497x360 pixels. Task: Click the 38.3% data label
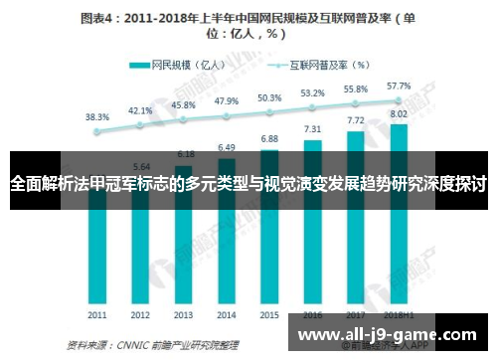[x=97, y=116]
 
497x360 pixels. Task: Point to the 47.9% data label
[x=227, y=101]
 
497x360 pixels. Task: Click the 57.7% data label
[x=399, y=86]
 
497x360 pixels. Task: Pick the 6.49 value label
[x=227, y=147]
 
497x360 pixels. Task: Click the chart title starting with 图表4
[x=248, y=25]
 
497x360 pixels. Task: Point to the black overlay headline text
[x=248, y=184]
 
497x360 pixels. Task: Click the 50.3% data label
[x=269, y=98]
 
